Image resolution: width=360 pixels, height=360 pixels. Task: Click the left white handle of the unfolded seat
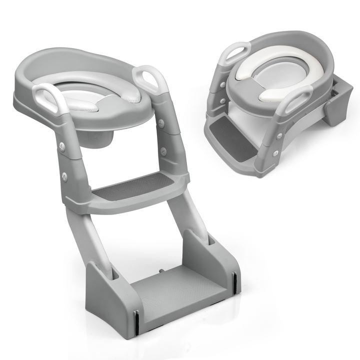(x=48, y=98)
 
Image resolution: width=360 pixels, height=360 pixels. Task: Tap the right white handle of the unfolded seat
(x=150, y=79)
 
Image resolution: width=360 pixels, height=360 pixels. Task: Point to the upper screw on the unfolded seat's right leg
(x=161, y=121)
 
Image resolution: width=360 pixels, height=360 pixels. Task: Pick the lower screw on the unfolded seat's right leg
(x=163, y=150)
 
